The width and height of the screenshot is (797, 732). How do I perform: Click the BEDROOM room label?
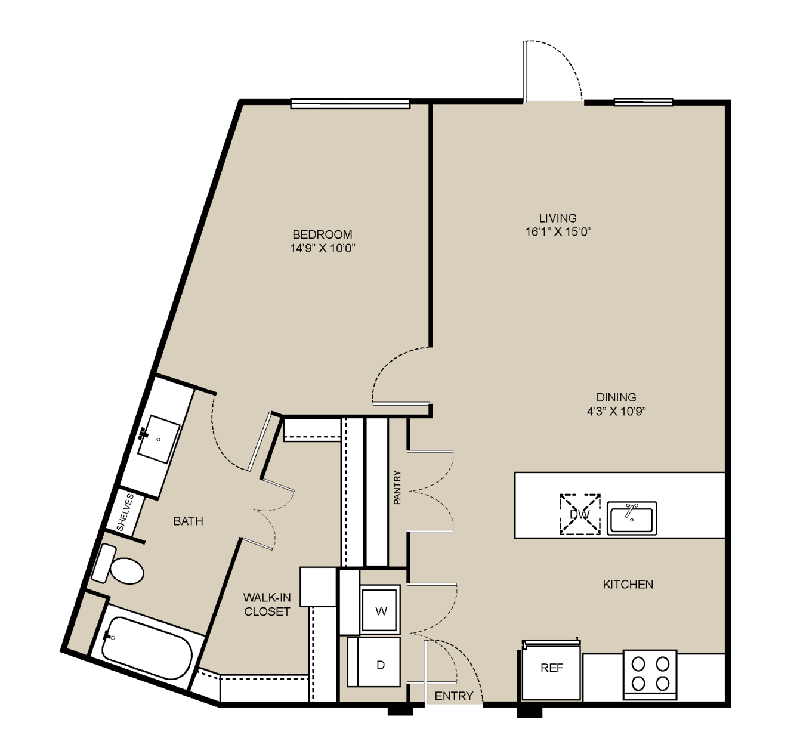[x=322, y=234]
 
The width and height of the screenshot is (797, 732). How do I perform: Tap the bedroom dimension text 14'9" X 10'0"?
[x=322, y=248]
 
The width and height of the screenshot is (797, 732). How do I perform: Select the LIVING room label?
[x=558, y=218]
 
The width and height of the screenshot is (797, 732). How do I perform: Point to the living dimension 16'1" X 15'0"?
[x=558, y=231]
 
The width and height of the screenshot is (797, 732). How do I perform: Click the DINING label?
[x=616, y=397]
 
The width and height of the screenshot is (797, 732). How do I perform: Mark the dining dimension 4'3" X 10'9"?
[x=616, y=411]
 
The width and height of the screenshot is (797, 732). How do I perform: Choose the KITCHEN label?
[x=628, y=584]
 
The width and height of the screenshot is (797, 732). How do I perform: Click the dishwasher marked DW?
[x=580, y=514]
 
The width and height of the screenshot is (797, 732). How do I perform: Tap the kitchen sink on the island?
[x=632, y=518]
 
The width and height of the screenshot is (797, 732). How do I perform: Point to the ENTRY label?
[x=454, y=696]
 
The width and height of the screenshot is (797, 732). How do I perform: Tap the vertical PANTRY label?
[x=397, y=487]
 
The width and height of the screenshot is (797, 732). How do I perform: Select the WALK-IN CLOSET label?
[x=267, y=604]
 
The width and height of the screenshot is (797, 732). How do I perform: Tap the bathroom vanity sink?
[x=158, y=439]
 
